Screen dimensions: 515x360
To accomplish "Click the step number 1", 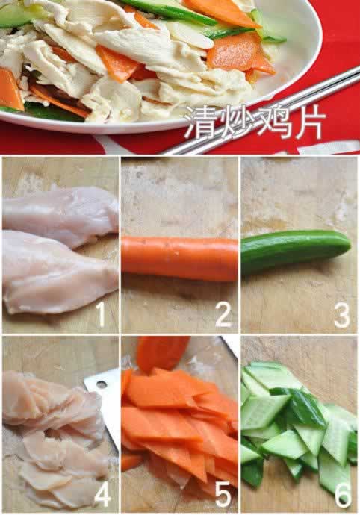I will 101,315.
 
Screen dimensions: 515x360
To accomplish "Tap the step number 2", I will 223,315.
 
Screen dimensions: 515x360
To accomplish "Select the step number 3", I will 341,315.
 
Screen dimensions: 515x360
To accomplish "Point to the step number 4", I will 103,494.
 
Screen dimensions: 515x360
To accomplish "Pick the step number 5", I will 223,494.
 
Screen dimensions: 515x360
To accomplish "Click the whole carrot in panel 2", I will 179,258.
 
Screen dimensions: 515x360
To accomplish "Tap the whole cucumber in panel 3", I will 295,251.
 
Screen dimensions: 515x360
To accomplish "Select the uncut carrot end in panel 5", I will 163,352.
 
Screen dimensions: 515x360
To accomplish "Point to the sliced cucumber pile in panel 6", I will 295,425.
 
